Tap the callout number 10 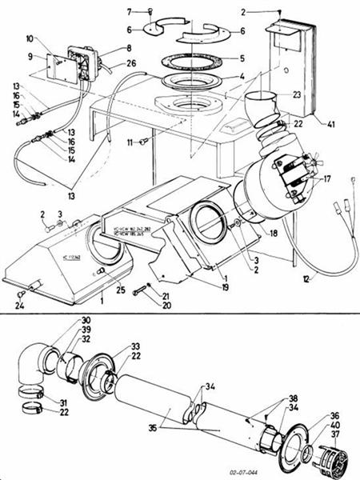[x=53, y=38]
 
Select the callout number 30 [x=85, y=321]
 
